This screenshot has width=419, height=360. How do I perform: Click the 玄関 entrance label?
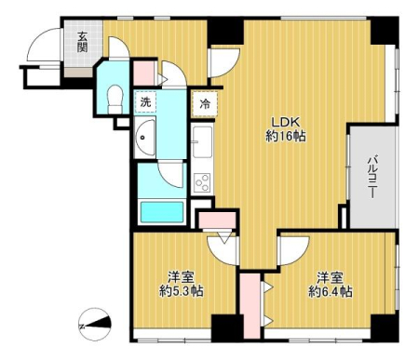(82, 42)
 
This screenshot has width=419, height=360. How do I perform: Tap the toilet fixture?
(115, 99)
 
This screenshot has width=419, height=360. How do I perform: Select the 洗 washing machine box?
(145, 102)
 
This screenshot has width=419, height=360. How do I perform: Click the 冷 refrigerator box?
(205, 104)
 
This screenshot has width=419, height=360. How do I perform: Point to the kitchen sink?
(202, 141)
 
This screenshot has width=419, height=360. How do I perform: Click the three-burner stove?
(202, 182)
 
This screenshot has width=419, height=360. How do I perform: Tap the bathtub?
(162, 212)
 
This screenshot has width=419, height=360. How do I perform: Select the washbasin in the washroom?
(145, 138)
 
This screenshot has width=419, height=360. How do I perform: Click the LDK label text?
(286, 122)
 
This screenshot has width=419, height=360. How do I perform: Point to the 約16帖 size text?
(286, 136)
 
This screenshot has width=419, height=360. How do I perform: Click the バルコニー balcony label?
(372, 178)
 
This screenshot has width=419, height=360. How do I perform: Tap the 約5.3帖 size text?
(182, 291)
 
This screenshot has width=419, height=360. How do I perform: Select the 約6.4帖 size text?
(330, 291)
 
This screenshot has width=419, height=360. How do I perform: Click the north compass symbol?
(95, 325)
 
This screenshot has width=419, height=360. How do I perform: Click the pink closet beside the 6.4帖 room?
(250, 306)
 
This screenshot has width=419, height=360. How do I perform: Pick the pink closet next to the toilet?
(144, 73)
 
